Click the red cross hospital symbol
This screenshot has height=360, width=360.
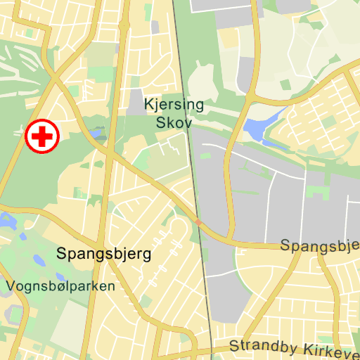[x=42, y=136]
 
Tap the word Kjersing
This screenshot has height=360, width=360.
[x=174, y=105]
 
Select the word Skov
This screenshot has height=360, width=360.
[x=174, y=122]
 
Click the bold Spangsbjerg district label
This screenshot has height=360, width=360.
[x=104, y=253]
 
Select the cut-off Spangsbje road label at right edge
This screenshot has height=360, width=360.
[x=320, y=246]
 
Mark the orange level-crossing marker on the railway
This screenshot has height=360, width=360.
[x=199, y=222]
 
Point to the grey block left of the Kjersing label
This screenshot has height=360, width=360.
[x=134, y=103]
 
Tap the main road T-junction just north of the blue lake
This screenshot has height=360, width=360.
[x=250, y=96]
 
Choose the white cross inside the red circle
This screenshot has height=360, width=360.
[x=42, y=136]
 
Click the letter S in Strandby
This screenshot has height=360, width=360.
[x=233, y=347]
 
